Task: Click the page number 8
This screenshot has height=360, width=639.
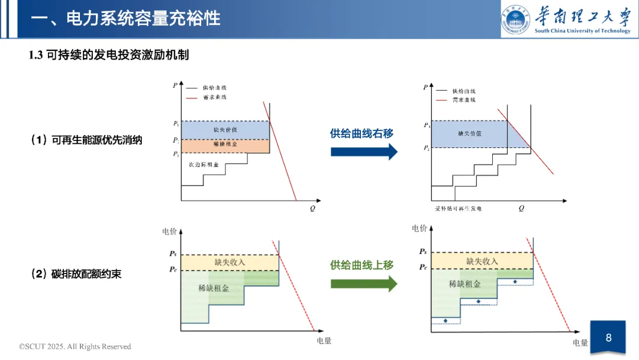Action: click(x=608, y=338)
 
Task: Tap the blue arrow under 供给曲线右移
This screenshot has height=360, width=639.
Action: click(x=364, y=152)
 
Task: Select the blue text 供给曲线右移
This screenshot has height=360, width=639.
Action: click(x=362, y=134)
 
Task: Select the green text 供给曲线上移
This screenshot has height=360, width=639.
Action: click(x=362, y=265)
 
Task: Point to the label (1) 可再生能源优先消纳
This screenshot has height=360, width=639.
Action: click(x=86, y=140)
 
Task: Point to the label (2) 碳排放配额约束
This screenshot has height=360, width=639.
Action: click(x=76, y=274)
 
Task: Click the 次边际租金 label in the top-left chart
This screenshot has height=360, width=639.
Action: click(x=204, y=164)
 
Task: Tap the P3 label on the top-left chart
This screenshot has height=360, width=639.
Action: click(x=176, y=154)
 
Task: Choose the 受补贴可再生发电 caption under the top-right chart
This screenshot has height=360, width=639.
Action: click(x=458, y=209)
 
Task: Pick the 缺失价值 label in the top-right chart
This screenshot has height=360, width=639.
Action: click(x=470, y=133)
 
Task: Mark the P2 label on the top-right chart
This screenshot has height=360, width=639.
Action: click(x=427, y=148)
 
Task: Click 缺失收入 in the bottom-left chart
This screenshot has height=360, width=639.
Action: click(x=230, y=262)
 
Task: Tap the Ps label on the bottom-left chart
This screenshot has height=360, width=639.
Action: click(x=173, y=253)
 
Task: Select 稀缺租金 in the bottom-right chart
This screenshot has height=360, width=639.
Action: click(x=464, y=284)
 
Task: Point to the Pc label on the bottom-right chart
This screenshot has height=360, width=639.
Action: click(x=423, y=267)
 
